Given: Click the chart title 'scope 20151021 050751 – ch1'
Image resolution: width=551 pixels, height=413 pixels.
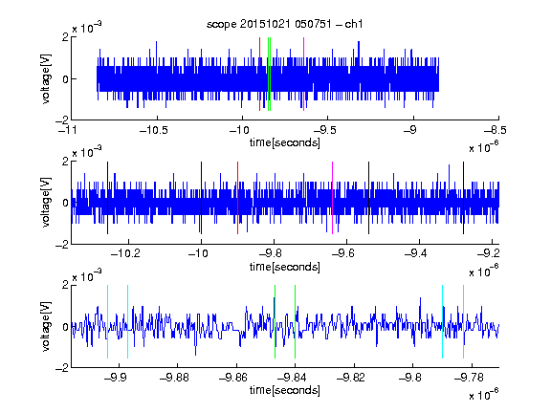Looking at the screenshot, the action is coord(284,24).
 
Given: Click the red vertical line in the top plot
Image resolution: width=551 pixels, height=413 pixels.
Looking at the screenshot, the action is coord(259,75).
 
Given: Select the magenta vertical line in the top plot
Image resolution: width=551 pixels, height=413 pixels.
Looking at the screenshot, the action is coord(303,75).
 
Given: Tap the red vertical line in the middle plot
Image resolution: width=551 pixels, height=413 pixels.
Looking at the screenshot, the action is coord(237,198).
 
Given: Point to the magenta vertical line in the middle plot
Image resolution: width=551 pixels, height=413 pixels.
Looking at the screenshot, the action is coord(332,198).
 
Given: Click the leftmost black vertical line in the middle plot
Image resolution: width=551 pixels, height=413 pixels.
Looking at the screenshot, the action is coord(107,198).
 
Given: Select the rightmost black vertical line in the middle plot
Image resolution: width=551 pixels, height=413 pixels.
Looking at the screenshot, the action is coord(463,198).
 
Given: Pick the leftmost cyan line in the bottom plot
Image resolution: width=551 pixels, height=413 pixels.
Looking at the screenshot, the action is coord(107,321).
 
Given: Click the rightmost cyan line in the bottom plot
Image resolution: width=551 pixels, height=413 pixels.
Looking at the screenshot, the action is coord(463,321).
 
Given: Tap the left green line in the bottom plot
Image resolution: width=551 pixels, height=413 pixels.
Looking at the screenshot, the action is coord(275,321).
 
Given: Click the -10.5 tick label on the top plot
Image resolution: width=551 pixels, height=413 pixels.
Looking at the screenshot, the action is coord(154,130).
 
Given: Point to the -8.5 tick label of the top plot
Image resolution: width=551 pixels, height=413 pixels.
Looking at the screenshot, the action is coord(496,130).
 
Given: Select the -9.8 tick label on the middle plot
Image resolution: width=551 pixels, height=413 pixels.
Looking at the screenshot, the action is coord(271,252).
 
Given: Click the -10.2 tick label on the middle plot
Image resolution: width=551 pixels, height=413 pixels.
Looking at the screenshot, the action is coord(125,252).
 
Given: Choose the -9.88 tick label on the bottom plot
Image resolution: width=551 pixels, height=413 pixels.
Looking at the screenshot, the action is coord(174,378).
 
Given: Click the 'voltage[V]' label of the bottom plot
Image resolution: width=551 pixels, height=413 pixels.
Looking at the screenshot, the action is coord(46,326).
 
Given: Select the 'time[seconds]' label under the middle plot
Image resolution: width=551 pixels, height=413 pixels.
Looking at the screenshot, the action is coord(285,267).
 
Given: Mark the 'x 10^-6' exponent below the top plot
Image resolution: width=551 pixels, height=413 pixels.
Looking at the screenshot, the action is coord(483,147).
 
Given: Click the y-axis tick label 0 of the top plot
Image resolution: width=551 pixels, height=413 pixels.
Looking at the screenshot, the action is coord(65,79).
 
